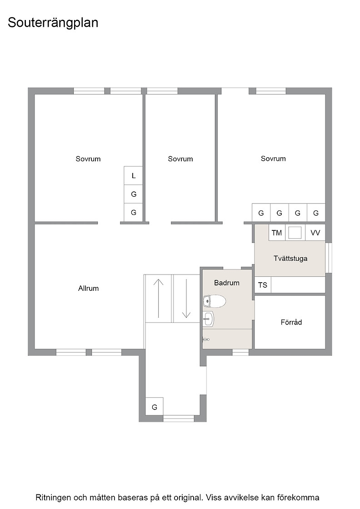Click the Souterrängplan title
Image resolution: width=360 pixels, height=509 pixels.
tap(53, 23)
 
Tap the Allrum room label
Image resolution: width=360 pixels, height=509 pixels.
tap(88, 288)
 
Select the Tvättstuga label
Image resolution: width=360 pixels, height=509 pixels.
tap(290, 259)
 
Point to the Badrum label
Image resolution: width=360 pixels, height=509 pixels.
tap(226, 283)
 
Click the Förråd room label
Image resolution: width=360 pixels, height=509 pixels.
tap(291, 322)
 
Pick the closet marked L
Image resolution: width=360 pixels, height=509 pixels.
tap(134, 175)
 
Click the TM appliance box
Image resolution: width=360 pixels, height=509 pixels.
tap(277, 233)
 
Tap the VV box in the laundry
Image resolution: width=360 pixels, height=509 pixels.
tap(315, 233)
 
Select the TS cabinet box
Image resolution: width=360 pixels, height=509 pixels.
tap(263, 285)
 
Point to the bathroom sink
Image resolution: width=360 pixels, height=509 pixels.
tap(208, 319)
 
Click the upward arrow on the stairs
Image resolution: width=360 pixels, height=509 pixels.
tap(159, 298)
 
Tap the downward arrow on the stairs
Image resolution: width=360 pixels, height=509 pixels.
tap(186, 298)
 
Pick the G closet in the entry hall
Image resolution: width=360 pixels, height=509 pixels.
tap(154, 407)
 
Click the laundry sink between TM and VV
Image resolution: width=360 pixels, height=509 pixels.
tap(295, 233)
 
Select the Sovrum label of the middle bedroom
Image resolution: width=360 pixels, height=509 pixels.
tap(180, 159)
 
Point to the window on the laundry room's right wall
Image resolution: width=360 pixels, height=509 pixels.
tap(329, 258)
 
